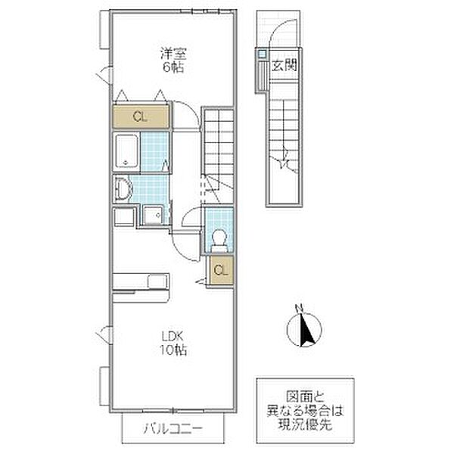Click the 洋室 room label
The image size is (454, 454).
[173, 54]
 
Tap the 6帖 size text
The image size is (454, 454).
[173, 67]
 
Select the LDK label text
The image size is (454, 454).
[173, 337]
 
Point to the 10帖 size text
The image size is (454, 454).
[173, 350]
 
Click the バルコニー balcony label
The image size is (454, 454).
[173, 428]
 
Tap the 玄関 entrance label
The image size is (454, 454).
[285, 66]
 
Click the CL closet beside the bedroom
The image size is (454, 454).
[140, 117]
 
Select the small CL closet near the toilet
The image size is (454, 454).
[221, 270]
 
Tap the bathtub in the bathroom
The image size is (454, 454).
[126, 151]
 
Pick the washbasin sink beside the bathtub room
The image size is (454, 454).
[123, 188]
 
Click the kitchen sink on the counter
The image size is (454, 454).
[157, 281]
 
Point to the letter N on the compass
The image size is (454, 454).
[299, 308]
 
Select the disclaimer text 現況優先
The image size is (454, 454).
[305, 424]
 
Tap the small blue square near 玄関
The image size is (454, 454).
[262, 54]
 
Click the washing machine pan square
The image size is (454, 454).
[152, 215]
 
